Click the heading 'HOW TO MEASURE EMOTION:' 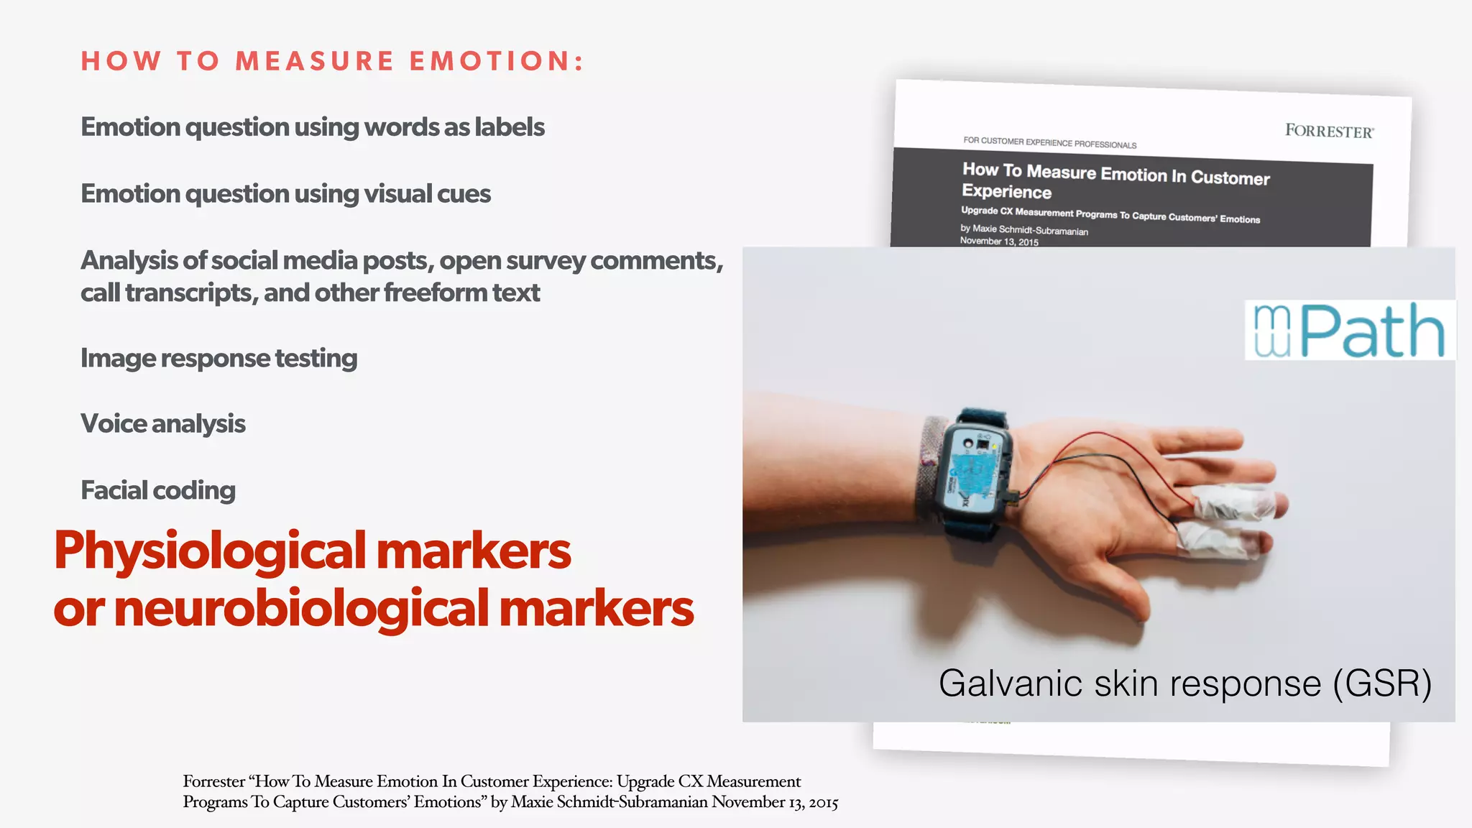click(x=332, y=61)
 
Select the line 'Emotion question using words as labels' click(x=313, y=127)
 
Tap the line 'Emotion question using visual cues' click(x=285, y=194)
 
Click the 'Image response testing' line click(x=218, y=358)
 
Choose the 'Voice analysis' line click(x=163, y=424)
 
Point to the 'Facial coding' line click(x=158, y=490)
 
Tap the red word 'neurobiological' click(x=302, y=609)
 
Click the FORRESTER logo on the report click(x=1329, y=131)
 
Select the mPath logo click(x=1349, y=331)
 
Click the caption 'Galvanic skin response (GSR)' click(x=1184, y=684)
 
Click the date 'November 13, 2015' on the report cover click(x=999, y=241)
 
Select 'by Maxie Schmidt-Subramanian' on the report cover click(x=1024, y=230)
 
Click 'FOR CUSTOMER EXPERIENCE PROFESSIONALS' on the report click(x=1049, y=142)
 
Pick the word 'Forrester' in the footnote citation click(x=213, y=781)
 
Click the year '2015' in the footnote click(x=823, y=802)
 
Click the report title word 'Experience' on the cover click(x=1006, y=192)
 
